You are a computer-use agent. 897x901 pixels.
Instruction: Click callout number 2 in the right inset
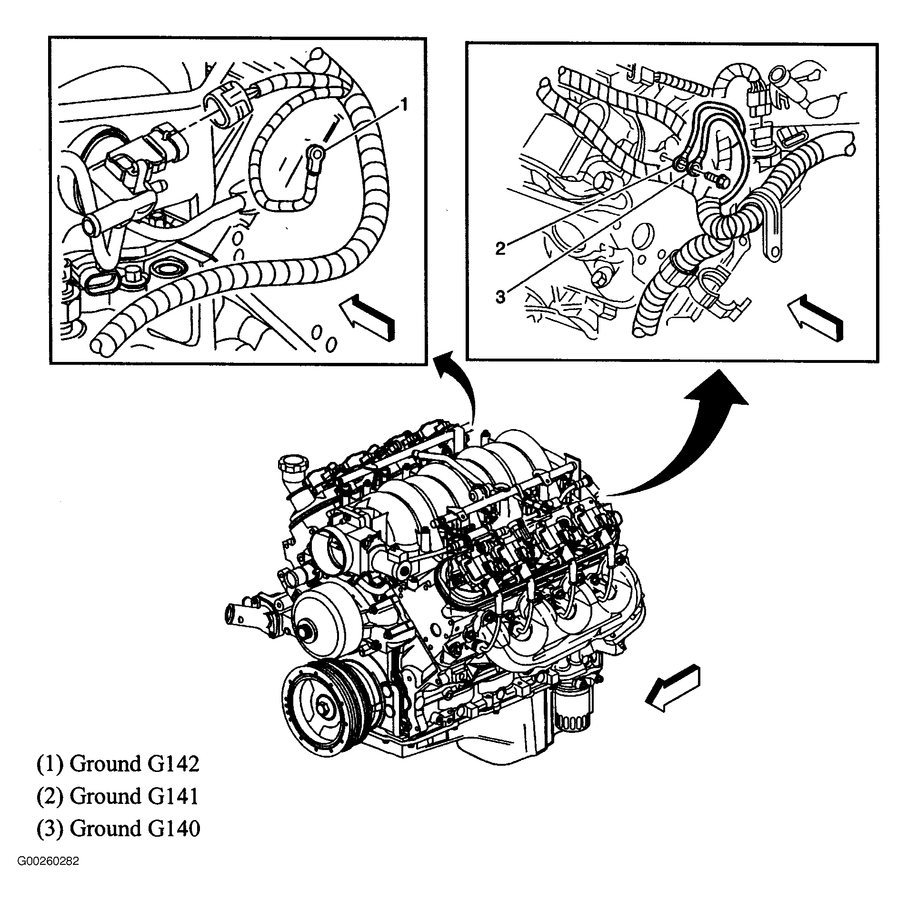pyautogui.click(x=499, y=248)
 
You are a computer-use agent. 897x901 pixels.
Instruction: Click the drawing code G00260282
pyautogui.click(x=49, y=875)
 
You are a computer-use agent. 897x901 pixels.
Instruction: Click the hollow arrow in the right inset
pyautogui.click(x=815, y=316)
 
